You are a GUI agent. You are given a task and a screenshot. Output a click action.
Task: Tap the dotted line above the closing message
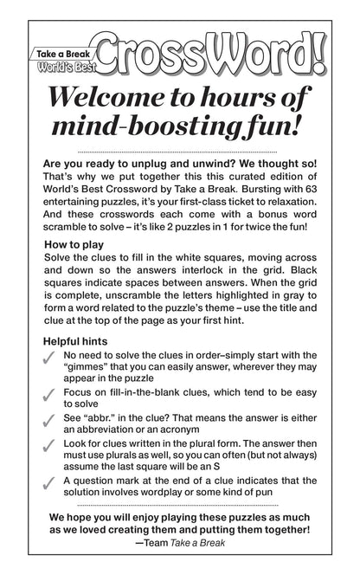point(179,528)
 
